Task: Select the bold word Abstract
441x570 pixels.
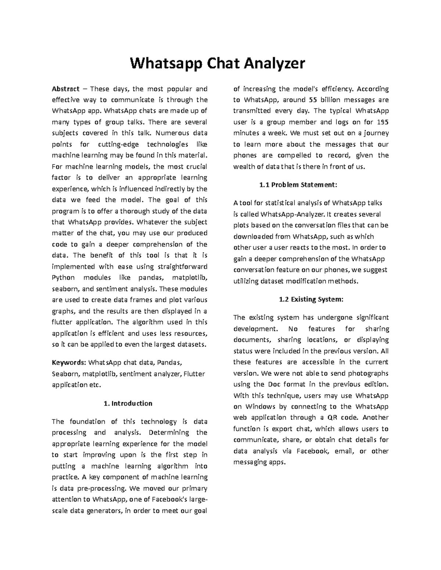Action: [65, 89]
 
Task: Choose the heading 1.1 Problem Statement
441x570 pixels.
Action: [298, 185]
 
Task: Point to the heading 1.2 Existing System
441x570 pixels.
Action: [311, 299]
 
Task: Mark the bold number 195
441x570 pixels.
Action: [383, 122]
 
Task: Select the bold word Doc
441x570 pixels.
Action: [274, 384]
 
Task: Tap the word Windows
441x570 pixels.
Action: [260, 407]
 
